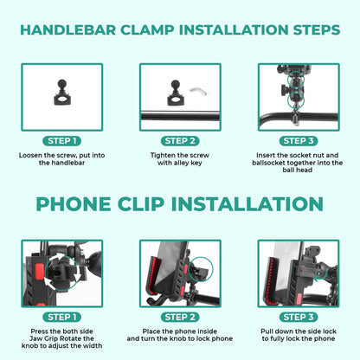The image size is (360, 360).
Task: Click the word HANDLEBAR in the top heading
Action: click(71, 29)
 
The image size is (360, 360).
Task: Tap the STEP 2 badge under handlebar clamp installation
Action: click(181, 140)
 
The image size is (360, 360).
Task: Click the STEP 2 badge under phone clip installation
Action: click(181, 317)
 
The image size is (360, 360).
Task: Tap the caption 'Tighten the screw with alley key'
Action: click(180, 159)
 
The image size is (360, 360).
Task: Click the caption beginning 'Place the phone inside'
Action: click(180, 336)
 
